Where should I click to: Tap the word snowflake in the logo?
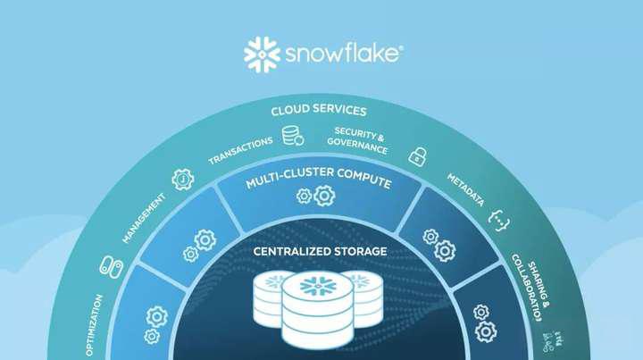(344, 54)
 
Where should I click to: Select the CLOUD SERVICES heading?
(320, 111)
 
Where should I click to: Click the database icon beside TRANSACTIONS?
(292, 136)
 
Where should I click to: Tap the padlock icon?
(416, 155)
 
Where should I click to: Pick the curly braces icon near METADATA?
(497, 215)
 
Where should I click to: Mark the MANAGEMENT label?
(144, 216)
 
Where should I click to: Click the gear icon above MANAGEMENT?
(182, 179)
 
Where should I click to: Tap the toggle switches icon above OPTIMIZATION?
(110, 265)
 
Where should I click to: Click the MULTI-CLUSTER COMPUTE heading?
(320, 182)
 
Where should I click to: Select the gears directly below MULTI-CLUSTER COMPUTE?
(315, 196)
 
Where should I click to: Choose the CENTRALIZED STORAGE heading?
(320, 251)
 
